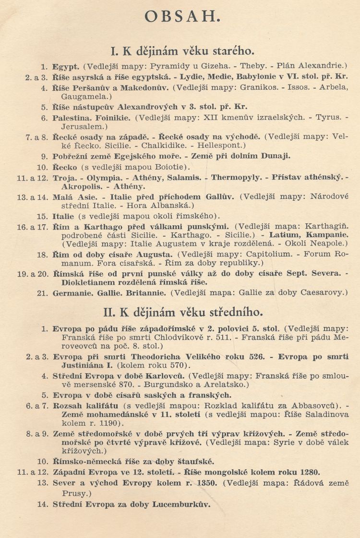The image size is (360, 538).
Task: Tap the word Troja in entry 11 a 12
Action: (x=64, y=177)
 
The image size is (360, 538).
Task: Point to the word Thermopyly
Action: (x=237, y=177)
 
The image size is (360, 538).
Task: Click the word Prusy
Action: (x=63, y=493)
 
